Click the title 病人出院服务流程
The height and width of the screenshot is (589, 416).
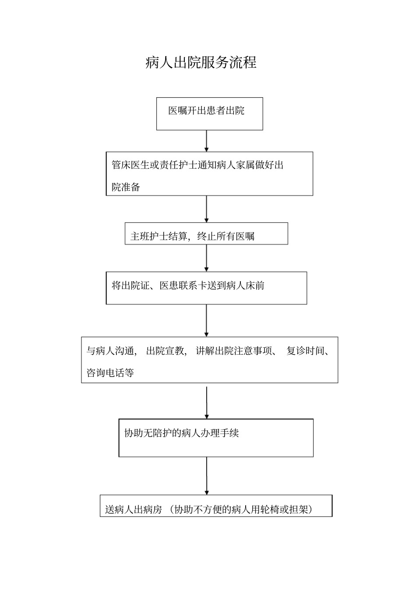pyautogui.click(x=201, y=63)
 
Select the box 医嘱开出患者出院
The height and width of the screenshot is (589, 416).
pyautogui.click(x=209, y=113)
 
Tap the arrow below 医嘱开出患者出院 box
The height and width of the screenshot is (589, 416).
pyautogui.click(x=207, y=141)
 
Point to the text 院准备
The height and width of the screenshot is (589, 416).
pyautogui.click(x=126, y=187)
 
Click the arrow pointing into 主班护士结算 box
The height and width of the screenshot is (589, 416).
pyautogui.click(x=207, y=209)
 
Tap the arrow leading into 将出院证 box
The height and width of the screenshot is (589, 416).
pyautogui.click(x=207, y=258)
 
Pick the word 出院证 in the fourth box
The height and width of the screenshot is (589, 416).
pyautogui.click(x=136, y=286)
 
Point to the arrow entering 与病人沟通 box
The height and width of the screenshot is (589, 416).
pyautogui.click(x=207, y=321)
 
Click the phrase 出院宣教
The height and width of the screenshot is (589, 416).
pyautogui.click(x=165, y=351)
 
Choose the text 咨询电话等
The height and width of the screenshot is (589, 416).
pyautogui.click(x=110, y=373)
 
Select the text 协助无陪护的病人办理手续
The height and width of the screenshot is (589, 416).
pyautogui.click(x=182, y=433)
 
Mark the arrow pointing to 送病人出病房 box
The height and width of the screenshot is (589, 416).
pyautogui.click(x=207, y=476)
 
